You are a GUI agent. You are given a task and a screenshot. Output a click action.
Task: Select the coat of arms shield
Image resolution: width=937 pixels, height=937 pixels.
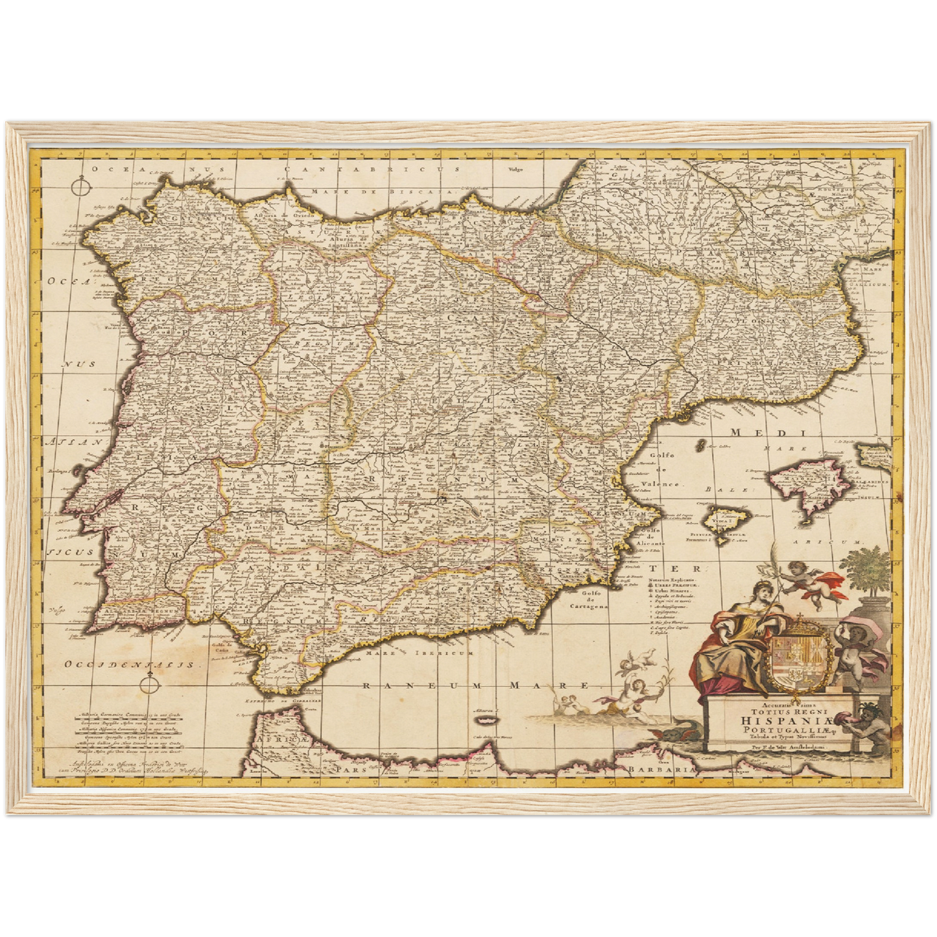[x=800, y=660]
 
